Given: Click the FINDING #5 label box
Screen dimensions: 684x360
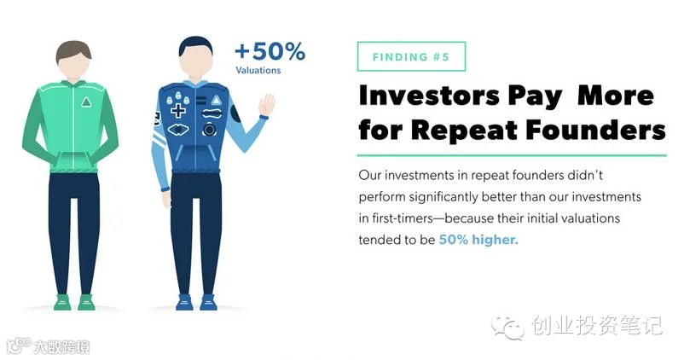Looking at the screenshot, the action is (411, 56).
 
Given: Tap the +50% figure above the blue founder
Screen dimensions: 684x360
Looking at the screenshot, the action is (270, 51).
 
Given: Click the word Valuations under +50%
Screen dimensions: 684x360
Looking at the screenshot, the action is (258, 70).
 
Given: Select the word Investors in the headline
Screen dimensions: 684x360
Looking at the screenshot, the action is (429, 96).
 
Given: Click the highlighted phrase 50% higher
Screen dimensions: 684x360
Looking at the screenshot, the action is (478, 240).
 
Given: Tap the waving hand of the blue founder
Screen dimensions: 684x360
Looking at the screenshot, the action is (266, 106).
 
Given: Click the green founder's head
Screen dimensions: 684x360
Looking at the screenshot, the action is (73, 60).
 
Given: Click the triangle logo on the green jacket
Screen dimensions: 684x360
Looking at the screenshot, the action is (86, 102).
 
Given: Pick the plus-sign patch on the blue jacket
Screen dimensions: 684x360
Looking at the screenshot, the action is (177, 110).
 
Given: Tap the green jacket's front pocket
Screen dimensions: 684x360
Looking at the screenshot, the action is (73, 161).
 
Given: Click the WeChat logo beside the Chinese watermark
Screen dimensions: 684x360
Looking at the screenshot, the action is (507, 327).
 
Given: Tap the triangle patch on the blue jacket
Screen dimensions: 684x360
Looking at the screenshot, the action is (216, 101).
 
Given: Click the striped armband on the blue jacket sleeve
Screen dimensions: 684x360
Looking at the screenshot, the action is (159, 138).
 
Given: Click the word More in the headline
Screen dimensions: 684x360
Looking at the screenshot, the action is (616, 96).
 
